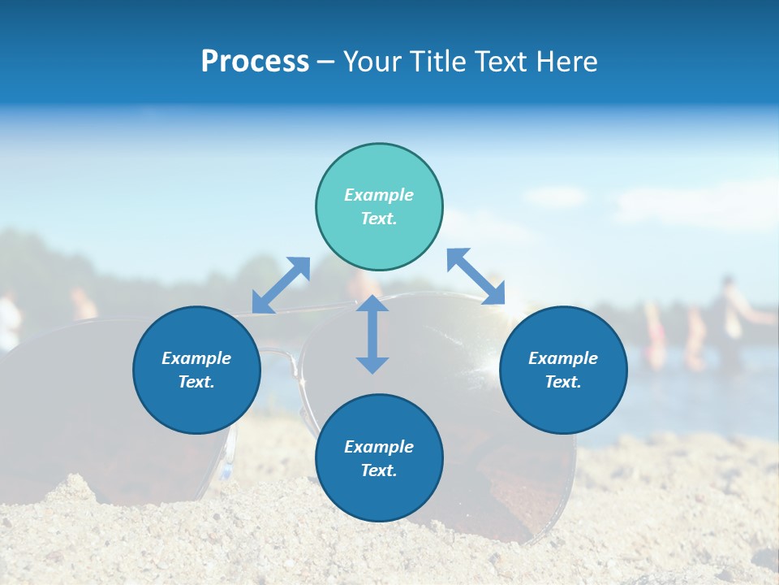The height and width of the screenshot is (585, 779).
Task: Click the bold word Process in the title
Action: pyautogui.click(x=255, y=62)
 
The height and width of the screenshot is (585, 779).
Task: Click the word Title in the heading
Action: pyautogui.click(x=437, y=62)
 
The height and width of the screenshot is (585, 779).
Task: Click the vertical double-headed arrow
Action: pyautogui.click(x=372, y=334)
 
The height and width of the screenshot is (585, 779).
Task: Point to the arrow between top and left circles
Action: pyautogui.click(x=281, y=285)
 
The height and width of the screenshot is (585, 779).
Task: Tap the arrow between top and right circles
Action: pyautogui.click(x=476, y=276)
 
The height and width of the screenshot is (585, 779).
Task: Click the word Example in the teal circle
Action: pyautogui.click(x=379, y=195)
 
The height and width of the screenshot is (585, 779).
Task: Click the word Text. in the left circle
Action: pyautogui.click(x=196, y=382)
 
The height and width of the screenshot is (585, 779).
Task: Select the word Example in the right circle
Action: pyautogui.click(x=563, y=358)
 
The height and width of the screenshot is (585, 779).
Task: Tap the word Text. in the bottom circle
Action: pyautogui.click(x=379, y=470)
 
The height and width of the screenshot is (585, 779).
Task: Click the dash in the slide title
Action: pyautogui.click(x=325, y=62)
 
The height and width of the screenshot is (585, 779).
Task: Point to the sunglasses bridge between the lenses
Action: pyautogui.click(x=280, y=354)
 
